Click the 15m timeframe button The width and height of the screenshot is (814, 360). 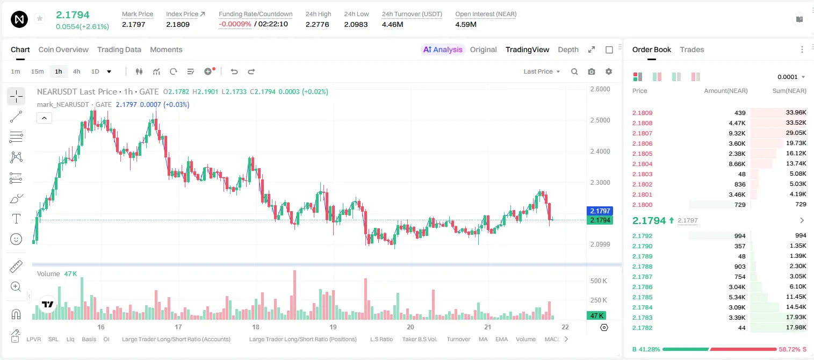[37, 71]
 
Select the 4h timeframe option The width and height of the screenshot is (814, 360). [76, 71]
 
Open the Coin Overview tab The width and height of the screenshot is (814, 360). [63, 49]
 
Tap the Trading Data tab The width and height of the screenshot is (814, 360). [119, 49]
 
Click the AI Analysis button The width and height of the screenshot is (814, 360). [443, 49]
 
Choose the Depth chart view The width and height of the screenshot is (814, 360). [568, 49]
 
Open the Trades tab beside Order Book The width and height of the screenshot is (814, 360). [691, 49]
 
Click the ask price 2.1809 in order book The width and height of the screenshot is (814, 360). [642, 113]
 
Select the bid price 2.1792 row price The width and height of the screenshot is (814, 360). [642, 236]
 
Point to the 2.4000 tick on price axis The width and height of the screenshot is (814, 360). [600, 152]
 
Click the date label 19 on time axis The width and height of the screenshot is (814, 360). [333, 327]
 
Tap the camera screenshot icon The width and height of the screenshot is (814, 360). [591, 71]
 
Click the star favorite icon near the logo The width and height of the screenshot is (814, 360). [40, 18]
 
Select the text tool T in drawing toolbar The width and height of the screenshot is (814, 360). [16, 219]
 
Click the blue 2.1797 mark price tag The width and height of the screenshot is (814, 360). [600, 211]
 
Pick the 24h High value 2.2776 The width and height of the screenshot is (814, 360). [317, 24]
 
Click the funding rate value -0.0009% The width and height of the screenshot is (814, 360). [235, 24]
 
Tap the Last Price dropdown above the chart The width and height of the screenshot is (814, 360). [542, 71]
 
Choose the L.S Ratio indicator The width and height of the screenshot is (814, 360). [381, 339]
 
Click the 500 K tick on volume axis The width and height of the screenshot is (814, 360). [599, 281]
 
